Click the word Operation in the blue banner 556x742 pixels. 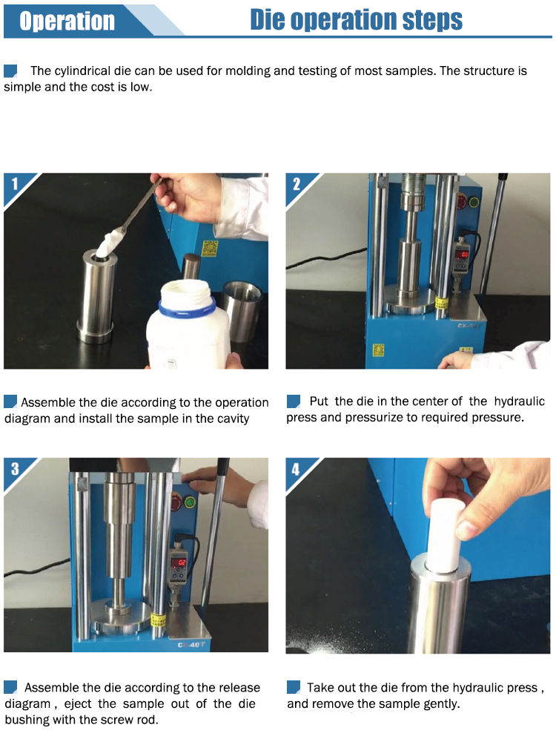tap(67, 22)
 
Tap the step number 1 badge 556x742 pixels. tap(15, 183)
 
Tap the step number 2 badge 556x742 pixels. tap(297, 183)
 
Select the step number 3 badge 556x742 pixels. tap(15, 468)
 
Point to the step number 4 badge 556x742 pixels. tap(296, 469)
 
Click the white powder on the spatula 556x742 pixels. tap(110, 243)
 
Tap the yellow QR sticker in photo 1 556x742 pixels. tap(210, 248)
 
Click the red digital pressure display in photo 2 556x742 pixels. tap(461, 255)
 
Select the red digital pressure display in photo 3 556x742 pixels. tap(178, 562)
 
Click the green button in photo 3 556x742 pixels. tap(190, 502)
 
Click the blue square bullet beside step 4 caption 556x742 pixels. tap(294, 686)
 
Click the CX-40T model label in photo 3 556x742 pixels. tap(191, 645)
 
